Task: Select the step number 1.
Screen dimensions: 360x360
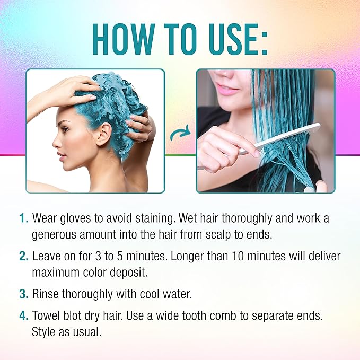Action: (23, 218)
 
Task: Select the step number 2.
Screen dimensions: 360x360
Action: (23, 256)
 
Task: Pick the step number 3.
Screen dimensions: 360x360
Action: (23, 293)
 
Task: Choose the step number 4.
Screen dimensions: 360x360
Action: (23, 315)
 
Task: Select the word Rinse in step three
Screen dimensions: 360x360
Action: (46, 293)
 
